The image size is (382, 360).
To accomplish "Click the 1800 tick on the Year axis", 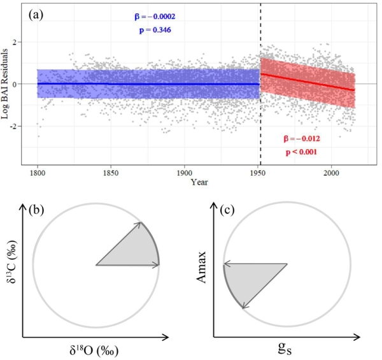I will pyautogui.click(x=38, y=173).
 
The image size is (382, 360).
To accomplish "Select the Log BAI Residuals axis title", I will pyautogui.click(x=8, y=85).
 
